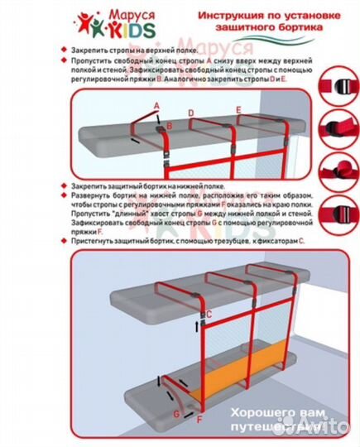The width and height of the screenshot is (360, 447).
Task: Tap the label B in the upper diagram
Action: (x=169, y=126)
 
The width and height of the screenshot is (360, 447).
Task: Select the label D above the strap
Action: (x=191, y=112)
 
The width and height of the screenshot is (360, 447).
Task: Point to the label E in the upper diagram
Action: (x=238, y=109)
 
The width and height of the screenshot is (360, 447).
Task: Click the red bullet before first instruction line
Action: (x=63, y=51)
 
